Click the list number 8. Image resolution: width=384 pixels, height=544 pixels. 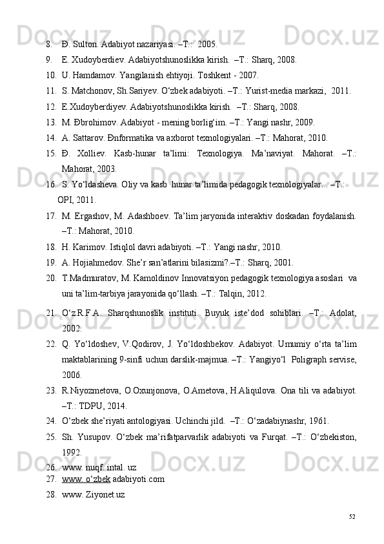(48, 45)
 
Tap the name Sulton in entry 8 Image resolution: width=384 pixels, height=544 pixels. (85, 45)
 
